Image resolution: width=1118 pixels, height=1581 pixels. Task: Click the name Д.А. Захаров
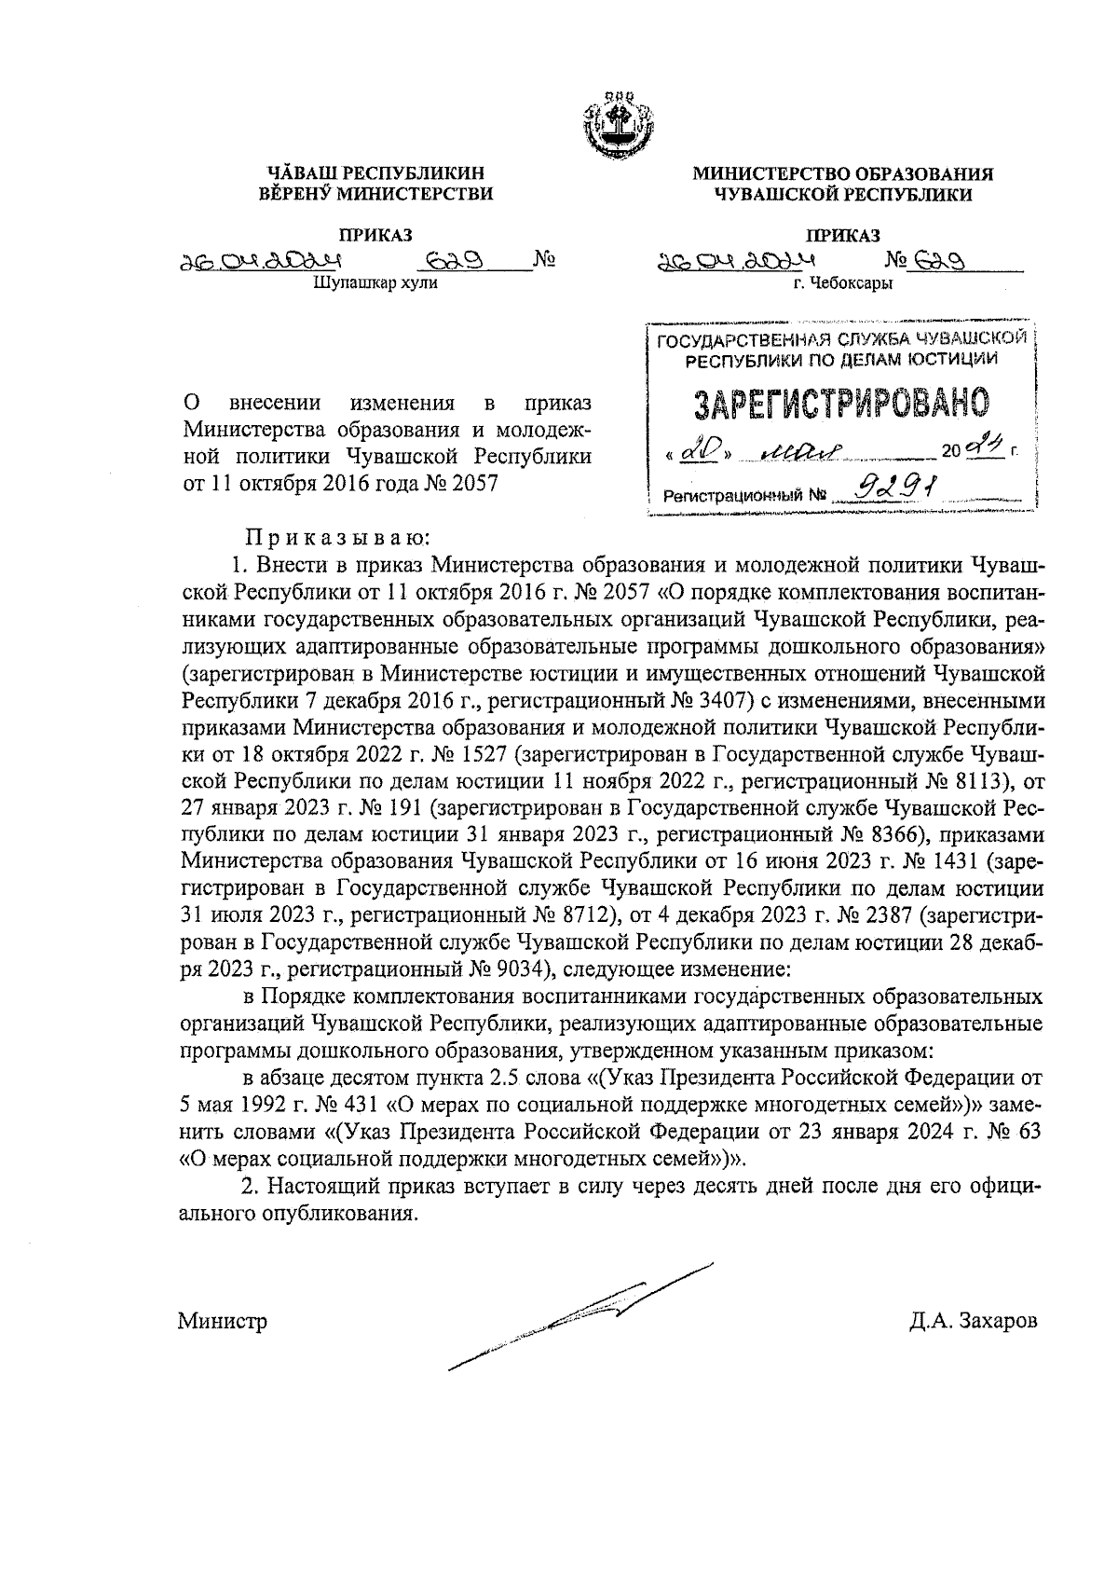click(x=974, y=1321)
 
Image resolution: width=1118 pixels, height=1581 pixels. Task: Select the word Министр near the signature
click(x=223, y=1321)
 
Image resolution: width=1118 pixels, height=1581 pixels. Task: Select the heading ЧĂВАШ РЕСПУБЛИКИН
click(x=376, y=173)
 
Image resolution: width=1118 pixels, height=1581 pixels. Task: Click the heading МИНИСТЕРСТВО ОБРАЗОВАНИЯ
click(x=842, y=173)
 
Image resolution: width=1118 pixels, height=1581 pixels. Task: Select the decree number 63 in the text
click(x=1023, y=1132)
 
